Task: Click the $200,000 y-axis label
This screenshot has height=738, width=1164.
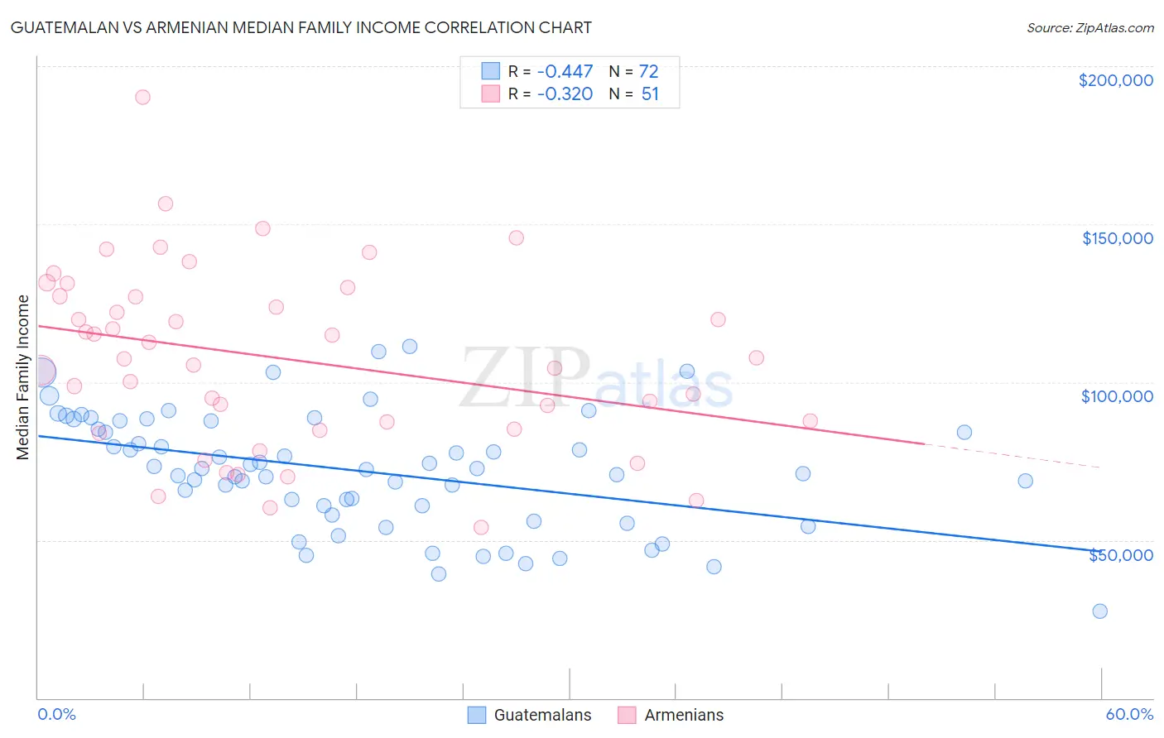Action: coord(1115,80)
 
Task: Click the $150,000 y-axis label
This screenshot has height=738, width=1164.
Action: coord(1117,238)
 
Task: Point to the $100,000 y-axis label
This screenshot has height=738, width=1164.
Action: coord(1117,396)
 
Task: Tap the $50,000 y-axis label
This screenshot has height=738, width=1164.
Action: coord(1120,555)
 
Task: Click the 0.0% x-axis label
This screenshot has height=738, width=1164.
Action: coord(56,714)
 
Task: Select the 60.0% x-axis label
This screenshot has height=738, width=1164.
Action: coord(1129,714)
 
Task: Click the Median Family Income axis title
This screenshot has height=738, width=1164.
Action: coord(22,377)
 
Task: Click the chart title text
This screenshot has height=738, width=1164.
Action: coord(301,27)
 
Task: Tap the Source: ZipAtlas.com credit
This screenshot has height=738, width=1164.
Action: coord(1089,28)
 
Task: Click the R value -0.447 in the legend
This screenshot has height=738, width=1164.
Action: coord(565,72)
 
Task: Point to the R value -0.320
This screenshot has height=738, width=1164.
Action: coord(565,93)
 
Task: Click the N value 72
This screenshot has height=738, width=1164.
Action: coord(648,72)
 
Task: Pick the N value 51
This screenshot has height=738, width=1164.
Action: coord(650,93)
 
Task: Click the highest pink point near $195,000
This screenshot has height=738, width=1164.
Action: coord(142,97)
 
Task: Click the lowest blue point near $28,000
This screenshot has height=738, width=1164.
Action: coord(1099,611)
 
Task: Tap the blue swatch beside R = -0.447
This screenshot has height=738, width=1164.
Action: coord(491,71)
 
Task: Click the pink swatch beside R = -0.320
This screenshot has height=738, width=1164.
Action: coord(491,93)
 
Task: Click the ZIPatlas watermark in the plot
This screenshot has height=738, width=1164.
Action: coord(596,380)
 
